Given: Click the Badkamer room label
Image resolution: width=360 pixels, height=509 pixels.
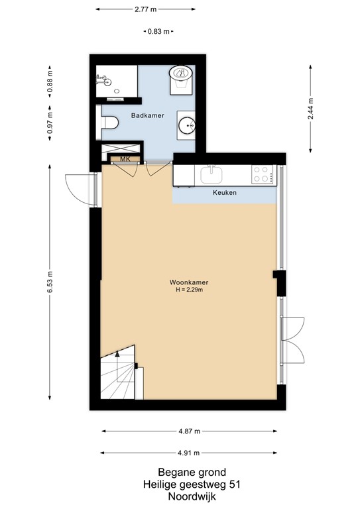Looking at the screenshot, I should (x=147, y=115).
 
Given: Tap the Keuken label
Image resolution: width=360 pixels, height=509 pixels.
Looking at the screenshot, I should (x=225, y=193).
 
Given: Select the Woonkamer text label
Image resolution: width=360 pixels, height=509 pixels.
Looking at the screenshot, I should (x=188, y=282).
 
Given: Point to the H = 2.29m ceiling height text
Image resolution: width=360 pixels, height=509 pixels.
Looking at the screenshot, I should (x=188, y=290).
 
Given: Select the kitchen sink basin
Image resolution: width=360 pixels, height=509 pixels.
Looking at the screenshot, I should (x=212, y=174).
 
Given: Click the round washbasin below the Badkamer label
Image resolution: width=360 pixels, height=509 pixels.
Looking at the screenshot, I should (x=187, y=125).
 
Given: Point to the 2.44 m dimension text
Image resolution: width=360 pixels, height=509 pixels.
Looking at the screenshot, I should (x=310, y=107).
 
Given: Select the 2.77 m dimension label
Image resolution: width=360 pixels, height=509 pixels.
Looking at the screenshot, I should (x=146, y=10).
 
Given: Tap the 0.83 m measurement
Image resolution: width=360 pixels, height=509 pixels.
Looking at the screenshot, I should (x=157, y=31).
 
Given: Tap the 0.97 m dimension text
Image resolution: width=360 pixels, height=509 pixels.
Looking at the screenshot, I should (x=50, y=123).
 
